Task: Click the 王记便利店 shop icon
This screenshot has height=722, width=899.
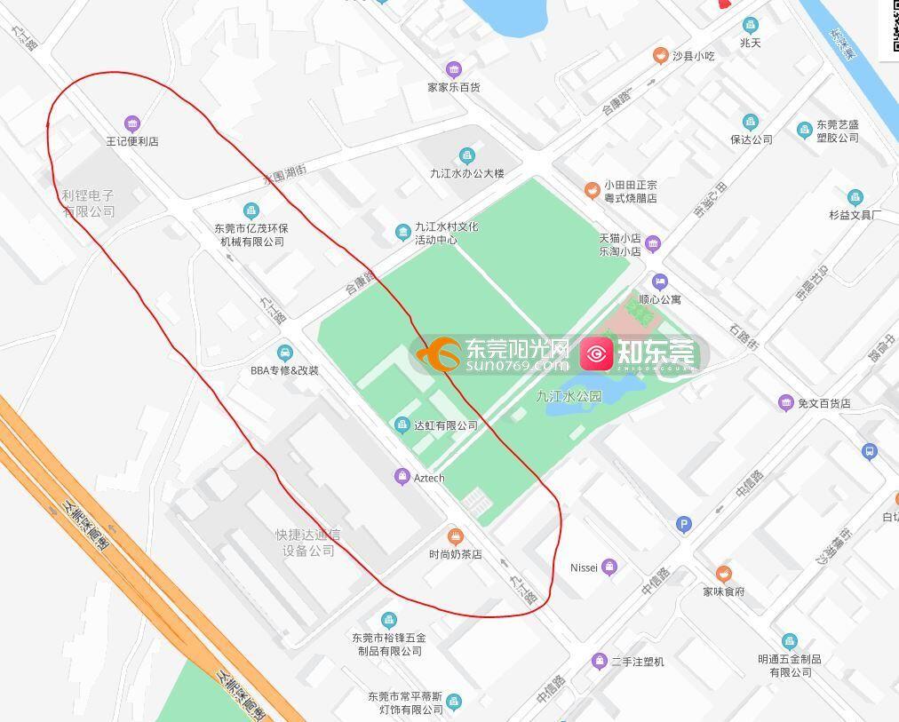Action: (x=132, y=123)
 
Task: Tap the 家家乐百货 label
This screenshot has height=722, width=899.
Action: (x=453, y=88)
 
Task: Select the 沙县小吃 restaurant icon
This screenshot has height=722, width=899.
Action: (x=660, y=56)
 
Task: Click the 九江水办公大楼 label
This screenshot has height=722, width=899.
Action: (x=467, y=174)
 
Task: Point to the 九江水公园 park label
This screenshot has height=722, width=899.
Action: (x=569, y=397)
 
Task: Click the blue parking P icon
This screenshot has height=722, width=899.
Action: (x=683, y=524)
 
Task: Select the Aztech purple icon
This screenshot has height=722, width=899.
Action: (x=402, y=478)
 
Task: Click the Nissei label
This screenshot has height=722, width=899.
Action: (x=584, y=567)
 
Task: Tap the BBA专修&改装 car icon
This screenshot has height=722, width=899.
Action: (x=284, y=353)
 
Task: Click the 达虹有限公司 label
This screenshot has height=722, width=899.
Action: (x=446, y=426)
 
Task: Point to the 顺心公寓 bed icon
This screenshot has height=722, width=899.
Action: (x=659, y=282)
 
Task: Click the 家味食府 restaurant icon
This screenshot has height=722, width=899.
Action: (x=724, y=574)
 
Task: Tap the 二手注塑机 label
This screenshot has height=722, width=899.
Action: (x=638, y=662)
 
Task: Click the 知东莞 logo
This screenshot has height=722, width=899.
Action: (x=640, y=353)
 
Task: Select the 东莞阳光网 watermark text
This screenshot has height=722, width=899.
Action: (x=516, y=348)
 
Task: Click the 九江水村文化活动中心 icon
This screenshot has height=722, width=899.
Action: (x=402, y=233)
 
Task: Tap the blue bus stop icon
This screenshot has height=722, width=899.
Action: (x=870, y=452)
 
